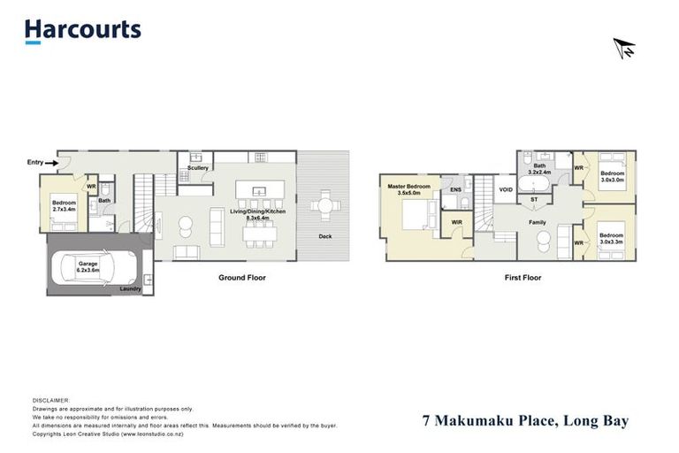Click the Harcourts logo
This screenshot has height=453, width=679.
pyautogui.click(x=82, y=30)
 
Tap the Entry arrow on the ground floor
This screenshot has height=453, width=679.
pyautogui.click(x=52, y=163)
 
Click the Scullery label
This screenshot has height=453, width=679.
pyautogui.click(x=197, y=167)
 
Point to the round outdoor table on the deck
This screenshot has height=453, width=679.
pyautogui.click(x=324, y=207)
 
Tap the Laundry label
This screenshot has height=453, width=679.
pyautogui.click(x=130, y=288)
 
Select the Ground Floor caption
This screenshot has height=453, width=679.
pyautogui.click(x=241, y=277)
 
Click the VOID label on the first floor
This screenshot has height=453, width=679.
pyautogui.click(x=506, y=189)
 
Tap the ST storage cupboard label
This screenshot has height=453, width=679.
pyautogui.click(x=534, y=200)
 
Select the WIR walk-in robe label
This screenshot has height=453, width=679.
pyautogui.click(x=457, y=222)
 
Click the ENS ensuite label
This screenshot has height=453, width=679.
pyautogui.click(x=455, y=189)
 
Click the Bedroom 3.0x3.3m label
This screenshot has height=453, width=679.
pyautogui.click(x=612, y=238)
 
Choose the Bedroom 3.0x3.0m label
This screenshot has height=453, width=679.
pyautogui.click(x=612, y=176)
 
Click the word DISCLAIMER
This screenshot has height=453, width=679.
pyautogui.click(x=50, y=400)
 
